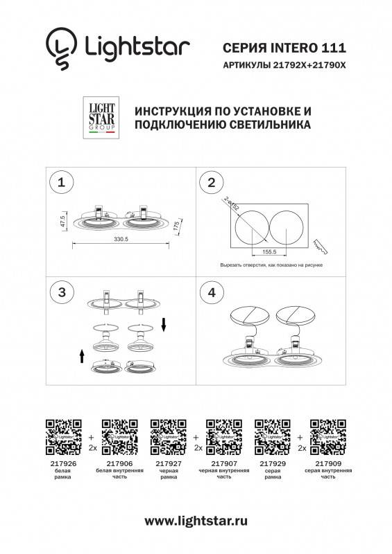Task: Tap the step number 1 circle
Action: tap(62, 183)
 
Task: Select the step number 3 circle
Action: tap(62, 292)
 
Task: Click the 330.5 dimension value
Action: tap(122, 240)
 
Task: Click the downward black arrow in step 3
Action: tap(163, 323)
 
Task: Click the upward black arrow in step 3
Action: tap(82, 356)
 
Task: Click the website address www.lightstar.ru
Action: tap(196, 521)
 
